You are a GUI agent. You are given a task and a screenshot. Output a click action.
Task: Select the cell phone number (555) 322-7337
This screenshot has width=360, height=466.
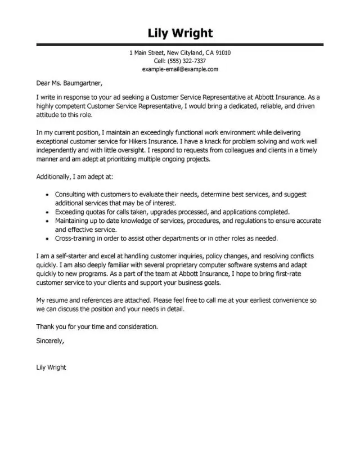pyautogui.click(x=188, y=61)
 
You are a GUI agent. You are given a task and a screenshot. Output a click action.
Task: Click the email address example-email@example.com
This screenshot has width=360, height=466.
pyautogui.click(x=180, y=69)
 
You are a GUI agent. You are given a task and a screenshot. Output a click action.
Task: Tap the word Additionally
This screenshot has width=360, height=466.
pyautogui.click(x=53, y=176)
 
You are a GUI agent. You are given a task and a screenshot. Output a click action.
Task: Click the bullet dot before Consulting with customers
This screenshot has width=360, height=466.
pyautogui.click(x=46, y=194)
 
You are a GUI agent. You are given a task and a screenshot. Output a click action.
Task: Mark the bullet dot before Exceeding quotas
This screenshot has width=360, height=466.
pyautogui.click(x=46, y=212)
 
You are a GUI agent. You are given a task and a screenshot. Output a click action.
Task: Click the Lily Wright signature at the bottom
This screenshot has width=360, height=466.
pyautogui.click(x=51, y=368)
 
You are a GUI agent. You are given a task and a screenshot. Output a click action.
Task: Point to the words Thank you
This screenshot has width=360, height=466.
pyautogui.click(x=49, y=326)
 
